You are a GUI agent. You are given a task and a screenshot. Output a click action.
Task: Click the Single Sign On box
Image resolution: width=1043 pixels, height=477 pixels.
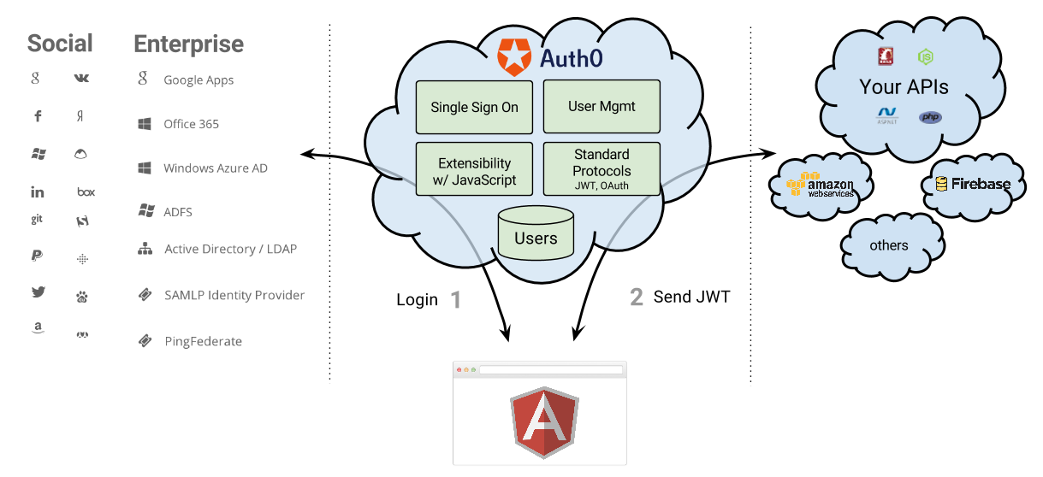[474, 108]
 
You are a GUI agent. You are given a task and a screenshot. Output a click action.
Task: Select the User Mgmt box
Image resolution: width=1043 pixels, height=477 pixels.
[602, 108]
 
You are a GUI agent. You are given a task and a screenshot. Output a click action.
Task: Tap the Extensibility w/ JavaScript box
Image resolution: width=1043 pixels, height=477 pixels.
[474, 169]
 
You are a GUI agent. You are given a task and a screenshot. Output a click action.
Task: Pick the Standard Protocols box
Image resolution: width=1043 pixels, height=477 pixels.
[602, 169]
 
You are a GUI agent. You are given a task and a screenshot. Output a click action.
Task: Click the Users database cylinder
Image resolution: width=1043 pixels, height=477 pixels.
[536, 232]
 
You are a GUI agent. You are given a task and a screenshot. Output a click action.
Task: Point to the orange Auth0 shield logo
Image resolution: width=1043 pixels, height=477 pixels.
[514, 57]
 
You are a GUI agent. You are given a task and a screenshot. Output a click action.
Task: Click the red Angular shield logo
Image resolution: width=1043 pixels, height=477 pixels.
[543, 422]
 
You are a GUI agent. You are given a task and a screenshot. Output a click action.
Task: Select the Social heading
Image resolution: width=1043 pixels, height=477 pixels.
[60, 44]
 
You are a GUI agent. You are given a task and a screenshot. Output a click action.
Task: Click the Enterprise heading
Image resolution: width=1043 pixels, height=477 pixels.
[188, 44]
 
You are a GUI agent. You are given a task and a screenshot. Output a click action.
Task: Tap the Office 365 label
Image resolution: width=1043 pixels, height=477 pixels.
[191, 124]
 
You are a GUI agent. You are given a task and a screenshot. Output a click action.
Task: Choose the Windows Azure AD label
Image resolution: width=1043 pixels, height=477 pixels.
[215, 168]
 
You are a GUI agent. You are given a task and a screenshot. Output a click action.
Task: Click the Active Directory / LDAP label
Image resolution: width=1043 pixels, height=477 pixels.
[230, 250]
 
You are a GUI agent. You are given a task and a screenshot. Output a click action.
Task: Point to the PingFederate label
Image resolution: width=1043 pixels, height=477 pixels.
[203, 342]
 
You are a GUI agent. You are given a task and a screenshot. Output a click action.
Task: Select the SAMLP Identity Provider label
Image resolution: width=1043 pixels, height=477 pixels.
[234, 295]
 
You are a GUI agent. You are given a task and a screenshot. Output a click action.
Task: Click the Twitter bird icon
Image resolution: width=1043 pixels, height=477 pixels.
[38, 291]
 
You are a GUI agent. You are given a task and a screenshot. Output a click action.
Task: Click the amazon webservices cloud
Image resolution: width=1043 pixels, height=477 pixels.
[821, 185]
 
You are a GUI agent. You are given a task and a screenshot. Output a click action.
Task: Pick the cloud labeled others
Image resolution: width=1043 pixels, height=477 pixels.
[889, 246]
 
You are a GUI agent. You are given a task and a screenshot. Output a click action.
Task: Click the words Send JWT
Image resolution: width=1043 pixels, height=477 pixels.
[691, 297]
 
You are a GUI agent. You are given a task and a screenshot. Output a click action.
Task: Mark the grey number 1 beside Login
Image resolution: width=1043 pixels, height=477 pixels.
[455, 300]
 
